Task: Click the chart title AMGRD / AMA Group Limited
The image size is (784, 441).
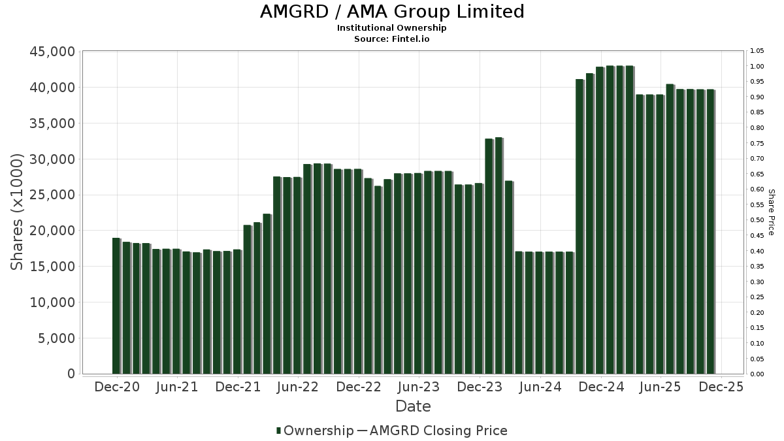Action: click(392, 12)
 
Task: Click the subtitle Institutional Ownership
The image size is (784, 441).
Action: click(392, 28)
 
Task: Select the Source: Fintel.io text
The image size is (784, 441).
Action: click(392, 39)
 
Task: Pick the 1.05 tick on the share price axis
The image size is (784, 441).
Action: click(757, 51)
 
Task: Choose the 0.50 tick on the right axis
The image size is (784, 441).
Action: click(757, 220)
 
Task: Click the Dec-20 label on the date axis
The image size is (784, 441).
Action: click(117, 387)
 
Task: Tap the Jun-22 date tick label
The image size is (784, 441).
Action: click(298, 387)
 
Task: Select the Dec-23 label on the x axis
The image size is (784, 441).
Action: click(480, 387)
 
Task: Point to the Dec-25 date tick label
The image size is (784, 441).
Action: click(721, 387)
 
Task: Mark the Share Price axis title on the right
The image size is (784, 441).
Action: click(772, 212)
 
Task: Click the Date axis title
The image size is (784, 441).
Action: click(413, 406)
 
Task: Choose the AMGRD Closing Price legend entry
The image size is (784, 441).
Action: click(438, 431)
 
